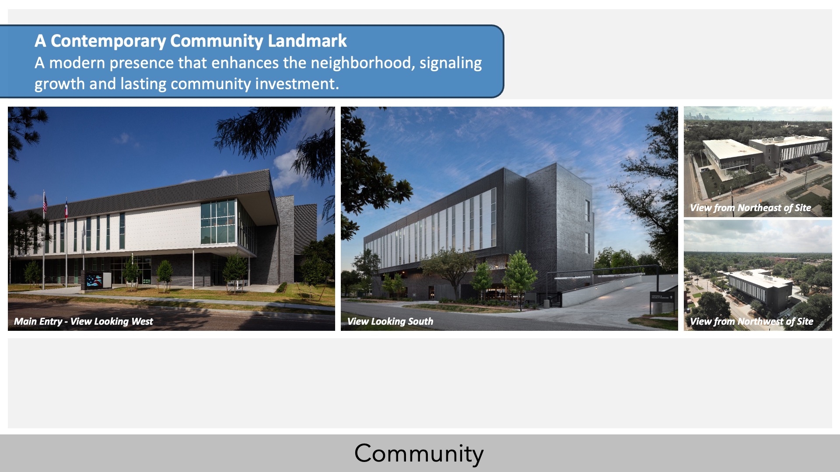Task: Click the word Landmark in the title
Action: [307, 41]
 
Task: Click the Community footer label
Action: [419, 453]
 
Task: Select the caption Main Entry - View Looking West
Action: [84, 321]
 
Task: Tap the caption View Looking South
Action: [390, 321]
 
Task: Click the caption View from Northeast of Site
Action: [751, 208]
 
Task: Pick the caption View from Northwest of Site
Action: [752, 321]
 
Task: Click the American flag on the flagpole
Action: [45, 203]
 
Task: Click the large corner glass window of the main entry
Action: [218, 222]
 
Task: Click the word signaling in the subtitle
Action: [451, 63]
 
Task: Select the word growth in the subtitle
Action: [59, 84]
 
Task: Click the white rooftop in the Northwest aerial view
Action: [759, 278]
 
